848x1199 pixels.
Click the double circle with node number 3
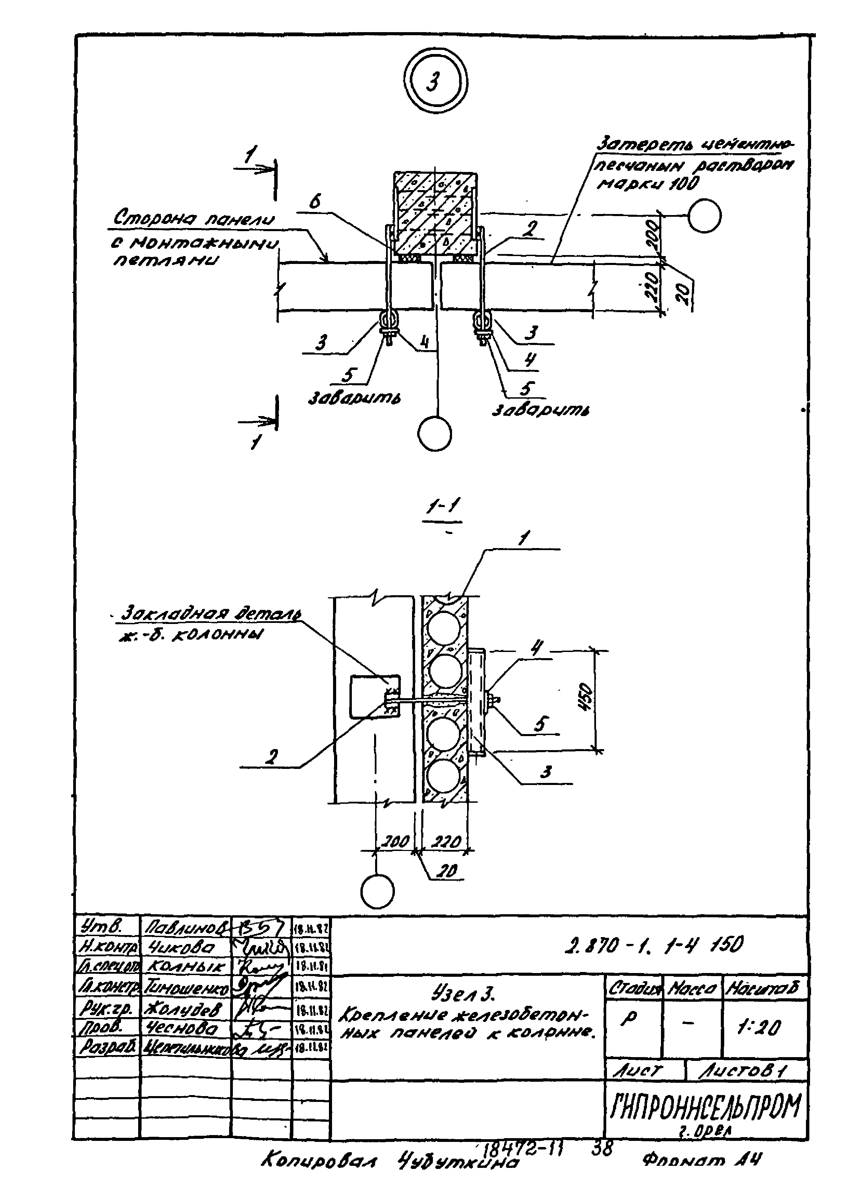(436, 81)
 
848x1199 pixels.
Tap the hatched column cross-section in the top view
(435, 212)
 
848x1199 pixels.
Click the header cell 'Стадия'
(633, 987)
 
